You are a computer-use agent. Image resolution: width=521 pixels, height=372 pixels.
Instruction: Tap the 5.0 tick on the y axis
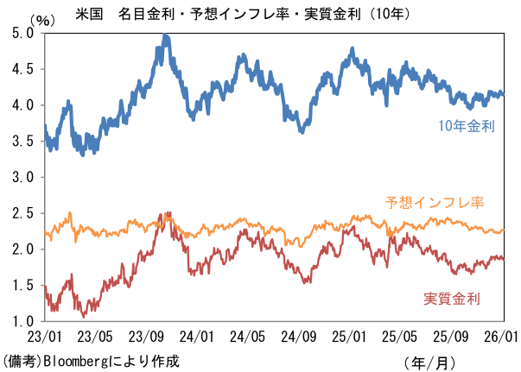21,33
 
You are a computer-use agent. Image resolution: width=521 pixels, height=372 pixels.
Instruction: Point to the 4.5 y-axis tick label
21,69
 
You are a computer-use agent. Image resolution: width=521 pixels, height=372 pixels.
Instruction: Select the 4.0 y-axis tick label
21,105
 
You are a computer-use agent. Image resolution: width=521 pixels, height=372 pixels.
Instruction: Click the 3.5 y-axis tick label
21,141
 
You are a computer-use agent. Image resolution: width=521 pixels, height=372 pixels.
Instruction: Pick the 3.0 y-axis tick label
21,177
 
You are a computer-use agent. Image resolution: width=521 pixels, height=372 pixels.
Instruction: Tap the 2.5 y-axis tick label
21,213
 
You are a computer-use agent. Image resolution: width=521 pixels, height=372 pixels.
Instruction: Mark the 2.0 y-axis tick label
21,249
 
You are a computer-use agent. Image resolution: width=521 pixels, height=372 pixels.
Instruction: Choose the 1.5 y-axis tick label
21,285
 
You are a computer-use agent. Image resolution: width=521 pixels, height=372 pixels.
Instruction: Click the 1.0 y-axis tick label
21,321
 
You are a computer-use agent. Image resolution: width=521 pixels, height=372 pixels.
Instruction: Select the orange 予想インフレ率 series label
433,203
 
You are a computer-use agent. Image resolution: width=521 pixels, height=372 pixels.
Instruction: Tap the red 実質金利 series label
451,299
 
